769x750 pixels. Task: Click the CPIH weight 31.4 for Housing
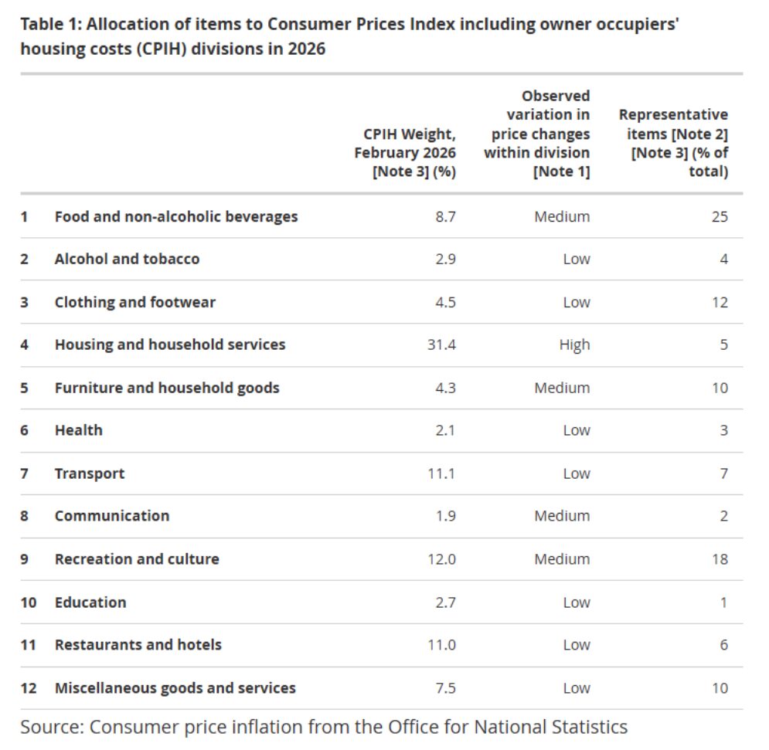tap(441, 344)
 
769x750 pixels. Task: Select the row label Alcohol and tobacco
tap(127, 259)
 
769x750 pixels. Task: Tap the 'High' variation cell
tap(575, 345)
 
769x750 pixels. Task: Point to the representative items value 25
tap(720, 217)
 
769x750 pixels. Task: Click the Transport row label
tap(90, 473)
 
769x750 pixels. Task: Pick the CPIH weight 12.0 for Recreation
tap(442, 558)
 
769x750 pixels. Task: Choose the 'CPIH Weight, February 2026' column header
tap(405, 152)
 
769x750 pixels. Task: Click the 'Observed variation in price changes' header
tap(537, 134)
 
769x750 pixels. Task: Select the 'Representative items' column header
tap(673, 143)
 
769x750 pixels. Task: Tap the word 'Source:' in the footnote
tap(52, 727)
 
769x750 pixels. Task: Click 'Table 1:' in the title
tap(51, 24)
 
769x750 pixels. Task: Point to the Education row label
tap(90, 602)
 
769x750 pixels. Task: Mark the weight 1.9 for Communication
tap(446, 516)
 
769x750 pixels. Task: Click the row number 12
tap(29, 687)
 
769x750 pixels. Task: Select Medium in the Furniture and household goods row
tap(562, 388)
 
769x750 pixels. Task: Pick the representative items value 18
tap(720, 558)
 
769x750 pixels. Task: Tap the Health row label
tap(79, 430)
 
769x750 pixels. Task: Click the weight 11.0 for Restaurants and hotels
tap(442, 645)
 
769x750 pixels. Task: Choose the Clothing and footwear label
tap(135, 302)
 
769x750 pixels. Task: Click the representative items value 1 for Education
tap(724, 602)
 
